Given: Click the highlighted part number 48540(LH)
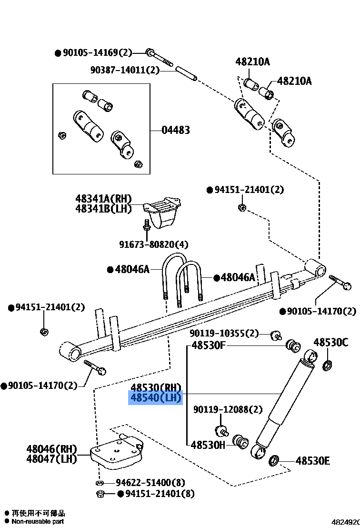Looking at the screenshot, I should [x=156, y=397].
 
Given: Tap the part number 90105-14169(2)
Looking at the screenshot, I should [x=97, y=53].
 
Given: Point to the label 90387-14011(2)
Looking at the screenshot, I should [x=125, y=71].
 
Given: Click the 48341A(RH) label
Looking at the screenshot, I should [x=103, y=199].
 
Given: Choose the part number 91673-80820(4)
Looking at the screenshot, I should [x=154, y=244].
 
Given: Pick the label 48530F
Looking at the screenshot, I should [x=208, y=345].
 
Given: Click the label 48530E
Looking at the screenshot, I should [x=313, y=461].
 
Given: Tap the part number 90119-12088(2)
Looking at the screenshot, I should [x=228, y=410].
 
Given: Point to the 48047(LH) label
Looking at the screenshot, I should [x=51, y=459].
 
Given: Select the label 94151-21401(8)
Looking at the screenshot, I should [x=160, y=494].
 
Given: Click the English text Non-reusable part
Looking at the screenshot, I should [x=38, y=521].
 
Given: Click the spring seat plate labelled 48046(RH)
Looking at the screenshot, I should [x=117, y=453].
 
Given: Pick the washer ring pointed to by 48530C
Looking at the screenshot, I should [x=328, y=366].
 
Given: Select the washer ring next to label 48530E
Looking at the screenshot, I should [x=274, y=461].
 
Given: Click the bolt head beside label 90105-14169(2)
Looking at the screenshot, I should [x=150, y=52].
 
